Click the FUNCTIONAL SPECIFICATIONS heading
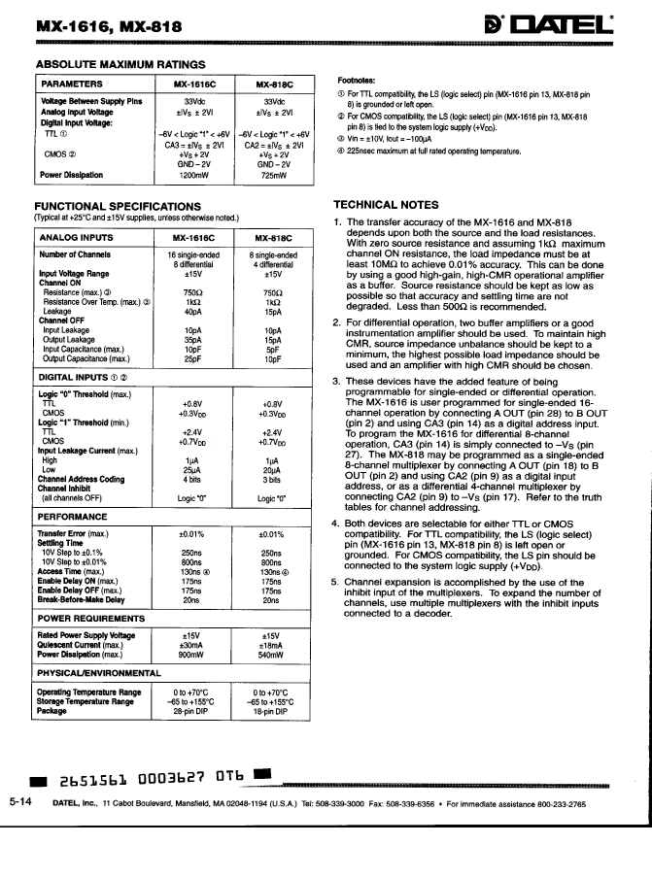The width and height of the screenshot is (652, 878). click(118, 206)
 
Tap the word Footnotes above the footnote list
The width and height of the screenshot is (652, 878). click(357, 81)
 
